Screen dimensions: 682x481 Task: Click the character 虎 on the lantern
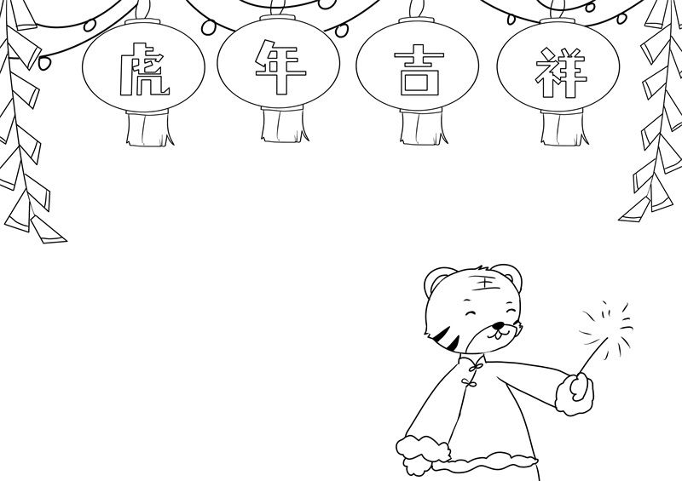pos(144,69)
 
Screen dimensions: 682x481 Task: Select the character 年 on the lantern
pos(280,66)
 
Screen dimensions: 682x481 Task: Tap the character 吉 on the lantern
pos(419,70)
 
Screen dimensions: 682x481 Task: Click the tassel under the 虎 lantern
pos(150,128)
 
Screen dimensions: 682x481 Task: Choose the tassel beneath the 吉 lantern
pos(423,127)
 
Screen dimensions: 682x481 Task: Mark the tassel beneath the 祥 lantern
pos(564,128)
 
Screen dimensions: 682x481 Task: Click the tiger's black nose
pos(498,325)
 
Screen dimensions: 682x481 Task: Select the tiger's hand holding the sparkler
pos(575,393)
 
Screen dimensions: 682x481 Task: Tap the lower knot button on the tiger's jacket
pos(468,383)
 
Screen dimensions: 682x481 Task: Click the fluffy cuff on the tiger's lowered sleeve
pos(421,450)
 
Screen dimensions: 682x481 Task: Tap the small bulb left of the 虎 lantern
pos(44,62)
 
